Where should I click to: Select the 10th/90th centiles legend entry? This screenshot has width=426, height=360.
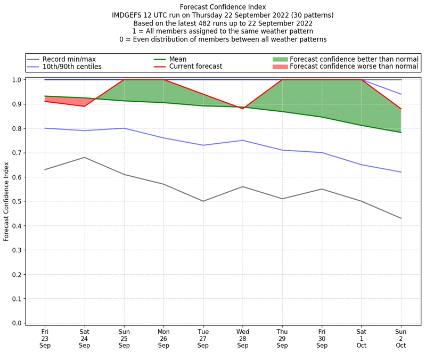(x=72, y=67)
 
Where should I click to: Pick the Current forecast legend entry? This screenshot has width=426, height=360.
(x=195, y=67)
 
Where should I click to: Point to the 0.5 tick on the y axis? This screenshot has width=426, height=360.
(x=17, y=201)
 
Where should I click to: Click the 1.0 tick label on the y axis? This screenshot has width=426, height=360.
(x=17, y=80)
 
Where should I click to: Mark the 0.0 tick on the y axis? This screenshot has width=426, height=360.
(x=17, y=323)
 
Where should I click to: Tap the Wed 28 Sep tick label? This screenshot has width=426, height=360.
(x=243, y=338)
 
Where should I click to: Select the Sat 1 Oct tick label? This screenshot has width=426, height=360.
(x=362, y=338)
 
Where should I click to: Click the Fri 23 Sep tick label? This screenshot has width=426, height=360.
(x=45, y=338)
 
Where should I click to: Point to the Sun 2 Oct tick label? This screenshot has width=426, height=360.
(x=401, y=338)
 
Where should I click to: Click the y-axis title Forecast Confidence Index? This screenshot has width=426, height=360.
(x=6, y=201)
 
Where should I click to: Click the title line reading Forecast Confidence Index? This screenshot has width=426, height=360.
(x=223, y=7)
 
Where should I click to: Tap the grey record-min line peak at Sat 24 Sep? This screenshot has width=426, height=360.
(x=84, y=157)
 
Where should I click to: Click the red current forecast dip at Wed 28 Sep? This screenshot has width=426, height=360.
(x=243, y=109)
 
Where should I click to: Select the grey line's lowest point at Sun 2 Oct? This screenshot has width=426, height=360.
(x=401, y=218)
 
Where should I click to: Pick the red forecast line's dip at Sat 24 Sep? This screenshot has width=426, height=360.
(x=84, y=106)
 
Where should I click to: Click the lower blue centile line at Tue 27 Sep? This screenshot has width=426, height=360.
(x=203, y=145)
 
